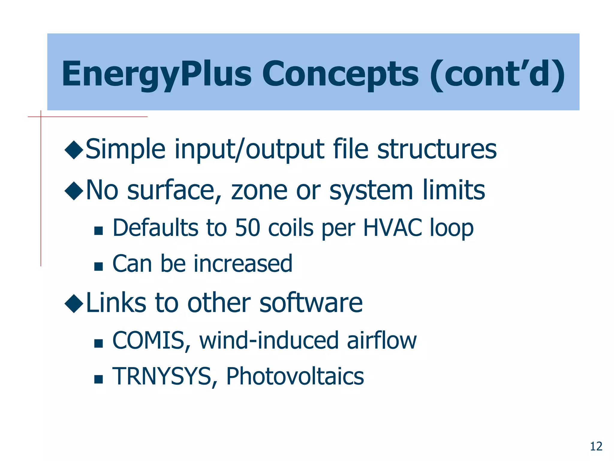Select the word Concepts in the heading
click(x=340, y=74)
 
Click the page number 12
click(x=596, y=446)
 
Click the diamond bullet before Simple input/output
click(x=74, y=149)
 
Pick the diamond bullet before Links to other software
click(x=74, y=303)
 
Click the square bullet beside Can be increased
click(x=98, y=266)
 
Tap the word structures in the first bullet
click(x=437, y=149)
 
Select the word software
click(x=311, y=303)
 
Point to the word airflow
click(x=381, y=341)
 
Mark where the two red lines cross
click(x=41, y=116)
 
